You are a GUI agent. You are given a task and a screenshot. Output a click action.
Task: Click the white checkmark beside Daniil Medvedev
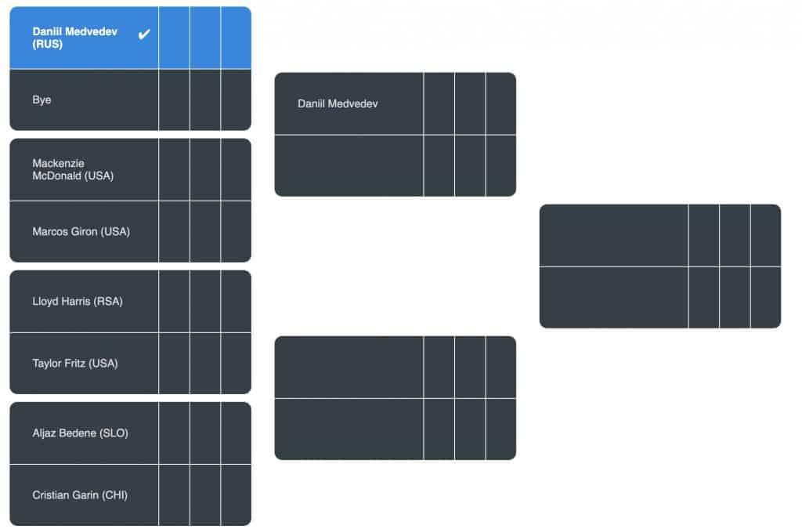pos(144,34)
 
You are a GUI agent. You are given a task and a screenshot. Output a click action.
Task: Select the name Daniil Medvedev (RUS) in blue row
pos(74,38)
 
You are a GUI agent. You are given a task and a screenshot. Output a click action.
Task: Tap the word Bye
pos(42,100)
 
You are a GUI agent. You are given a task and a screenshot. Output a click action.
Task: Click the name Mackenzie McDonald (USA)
pos(73,169)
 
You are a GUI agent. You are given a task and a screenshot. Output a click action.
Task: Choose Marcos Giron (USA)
pos(81,232)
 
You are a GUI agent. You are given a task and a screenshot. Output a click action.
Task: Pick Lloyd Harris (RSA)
pos(78,302)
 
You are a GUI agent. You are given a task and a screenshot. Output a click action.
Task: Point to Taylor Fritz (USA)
pos(74,363)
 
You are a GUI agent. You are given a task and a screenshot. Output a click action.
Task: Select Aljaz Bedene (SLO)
pos(80,433)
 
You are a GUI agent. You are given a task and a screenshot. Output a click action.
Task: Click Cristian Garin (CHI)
pos(79,495)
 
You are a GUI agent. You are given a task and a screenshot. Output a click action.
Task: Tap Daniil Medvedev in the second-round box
pos(338,104)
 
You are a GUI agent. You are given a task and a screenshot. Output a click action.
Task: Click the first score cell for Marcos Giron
pos(174,232)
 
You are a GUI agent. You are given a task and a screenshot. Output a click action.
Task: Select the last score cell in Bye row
pos(237,100)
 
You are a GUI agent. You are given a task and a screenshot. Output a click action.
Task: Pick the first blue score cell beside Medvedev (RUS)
pos(174,38)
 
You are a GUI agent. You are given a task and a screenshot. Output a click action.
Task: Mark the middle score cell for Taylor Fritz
pos(205,363)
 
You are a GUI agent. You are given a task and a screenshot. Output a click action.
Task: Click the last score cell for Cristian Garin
pos(237,495)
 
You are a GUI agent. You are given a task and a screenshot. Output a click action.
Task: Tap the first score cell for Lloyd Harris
pos(174,302)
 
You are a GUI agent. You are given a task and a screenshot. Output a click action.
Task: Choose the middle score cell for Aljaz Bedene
pos(205,433)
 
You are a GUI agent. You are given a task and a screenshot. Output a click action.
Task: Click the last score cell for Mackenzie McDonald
pos(237,169)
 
